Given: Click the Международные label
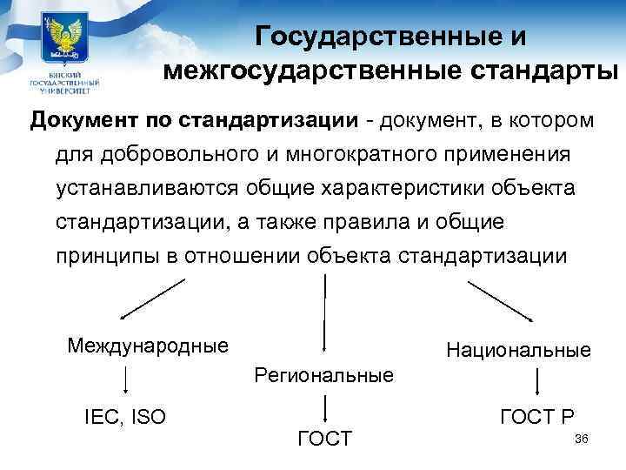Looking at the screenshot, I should click(148, 345).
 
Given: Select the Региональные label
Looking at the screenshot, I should click(324, 376).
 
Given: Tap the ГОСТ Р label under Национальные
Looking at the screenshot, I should click(537, 417).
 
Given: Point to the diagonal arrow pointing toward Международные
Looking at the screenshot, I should click(153, 299).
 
